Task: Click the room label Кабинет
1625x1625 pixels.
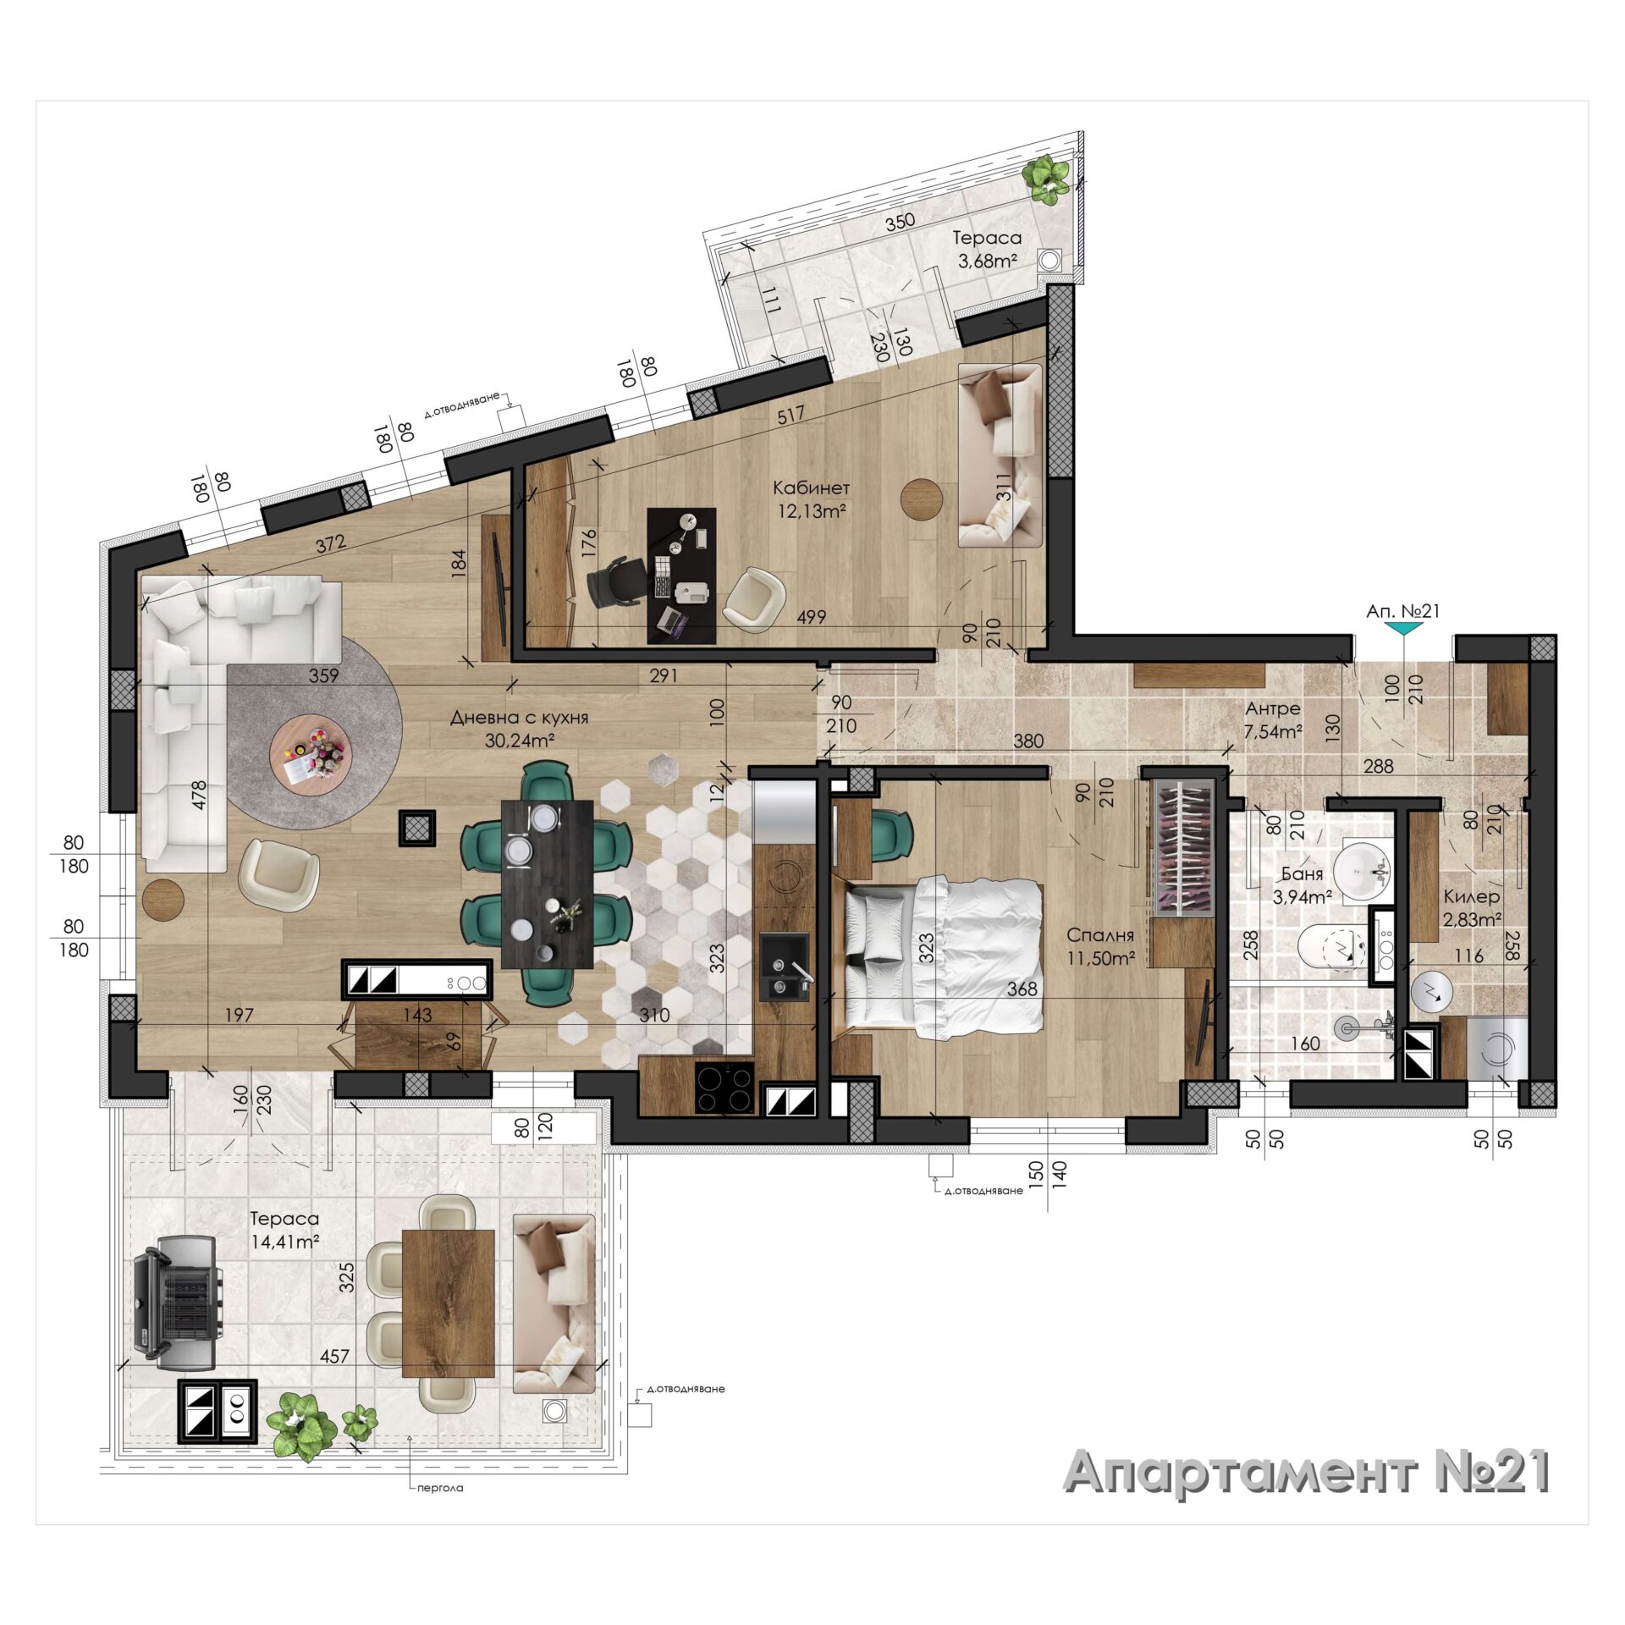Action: tap(811, 488)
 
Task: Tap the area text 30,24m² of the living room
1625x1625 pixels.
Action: tap(520, 741)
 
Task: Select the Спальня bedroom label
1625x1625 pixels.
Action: tap(1100, 935)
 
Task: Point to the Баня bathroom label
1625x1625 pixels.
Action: tap(1302, 874)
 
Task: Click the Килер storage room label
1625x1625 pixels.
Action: tap(1472, 896)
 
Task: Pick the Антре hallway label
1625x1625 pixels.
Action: tap(1272, 709)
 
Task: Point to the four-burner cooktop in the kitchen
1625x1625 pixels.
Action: tap(724, 1088)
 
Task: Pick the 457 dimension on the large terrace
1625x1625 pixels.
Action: tap(335, 1356)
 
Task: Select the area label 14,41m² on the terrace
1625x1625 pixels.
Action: tap(285, 1242)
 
